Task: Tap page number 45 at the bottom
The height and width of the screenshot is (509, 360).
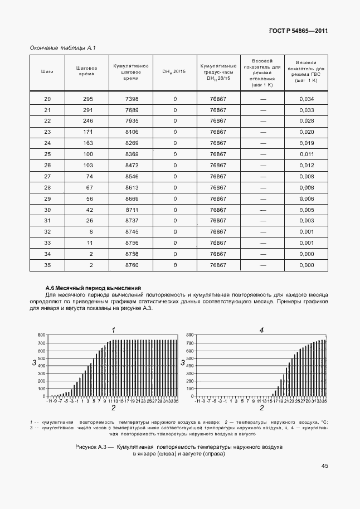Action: tap(324, 467)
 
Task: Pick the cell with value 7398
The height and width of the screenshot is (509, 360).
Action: tap(132, 99)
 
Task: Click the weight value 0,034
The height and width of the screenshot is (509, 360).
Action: tap(307, 99)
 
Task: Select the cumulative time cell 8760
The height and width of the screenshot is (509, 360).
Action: tap(132, 265)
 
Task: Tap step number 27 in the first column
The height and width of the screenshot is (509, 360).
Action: tap(47, 176)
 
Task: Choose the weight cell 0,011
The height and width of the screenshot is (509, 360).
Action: tap(307, 154)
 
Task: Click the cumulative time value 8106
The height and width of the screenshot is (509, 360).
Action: tap(132, 132)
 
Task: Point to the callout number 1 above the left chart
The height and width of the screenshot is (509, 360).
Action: tap(114, 330)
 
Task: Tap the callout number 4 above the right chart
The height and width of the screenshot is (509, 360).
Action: tap(261, 330)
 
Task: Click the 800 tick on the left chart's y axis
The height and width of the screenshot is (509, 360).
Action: tap(41, 335)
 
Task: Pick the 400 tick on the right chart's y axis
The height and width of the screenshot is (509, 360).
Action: tap(189, 366)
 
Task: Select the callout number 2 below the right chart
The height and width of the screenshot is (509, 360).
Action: tap(261, 408)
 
